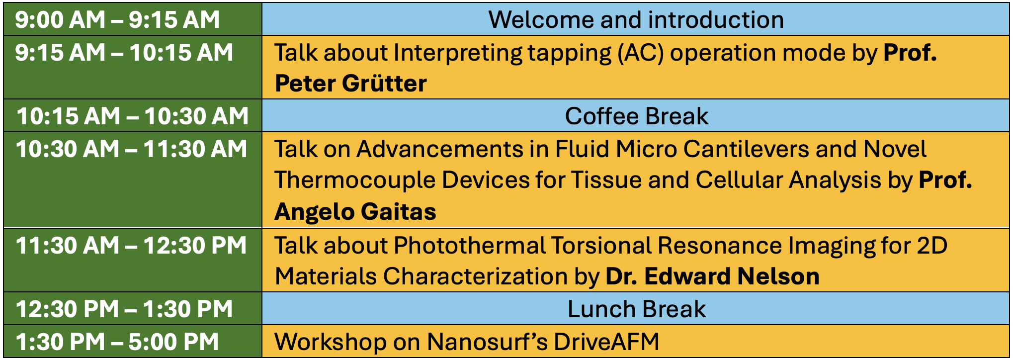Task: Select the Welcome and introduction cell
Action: pyautogui.click(x=636, y=20)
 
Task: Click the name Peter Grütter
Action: pyautogui.click(x=351, y=83)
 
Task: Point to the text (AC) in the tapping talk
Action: pyautogui.click(x=641, y=53)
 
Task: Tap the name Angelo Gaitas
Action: pyautogui.click(x=355, y=212)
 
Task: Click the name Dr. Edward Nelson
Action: pyautogui.click(x=712, y=276)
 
